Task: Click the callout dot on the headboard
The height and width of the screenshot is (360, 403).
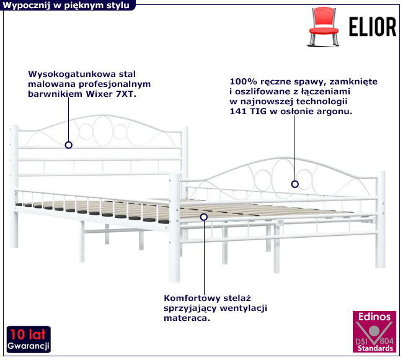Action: click(68, 145)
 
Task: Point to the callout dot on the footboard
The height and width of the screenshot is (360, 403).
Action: click(295, 184)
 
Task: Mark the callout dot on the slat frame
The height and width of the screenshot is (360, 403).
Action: click(203, 217)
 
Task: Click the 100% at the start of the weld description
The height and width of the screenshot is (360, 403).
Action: click(241, 81)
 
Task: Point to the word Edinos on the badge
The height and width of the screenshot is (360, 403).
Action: click(374, 317)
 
